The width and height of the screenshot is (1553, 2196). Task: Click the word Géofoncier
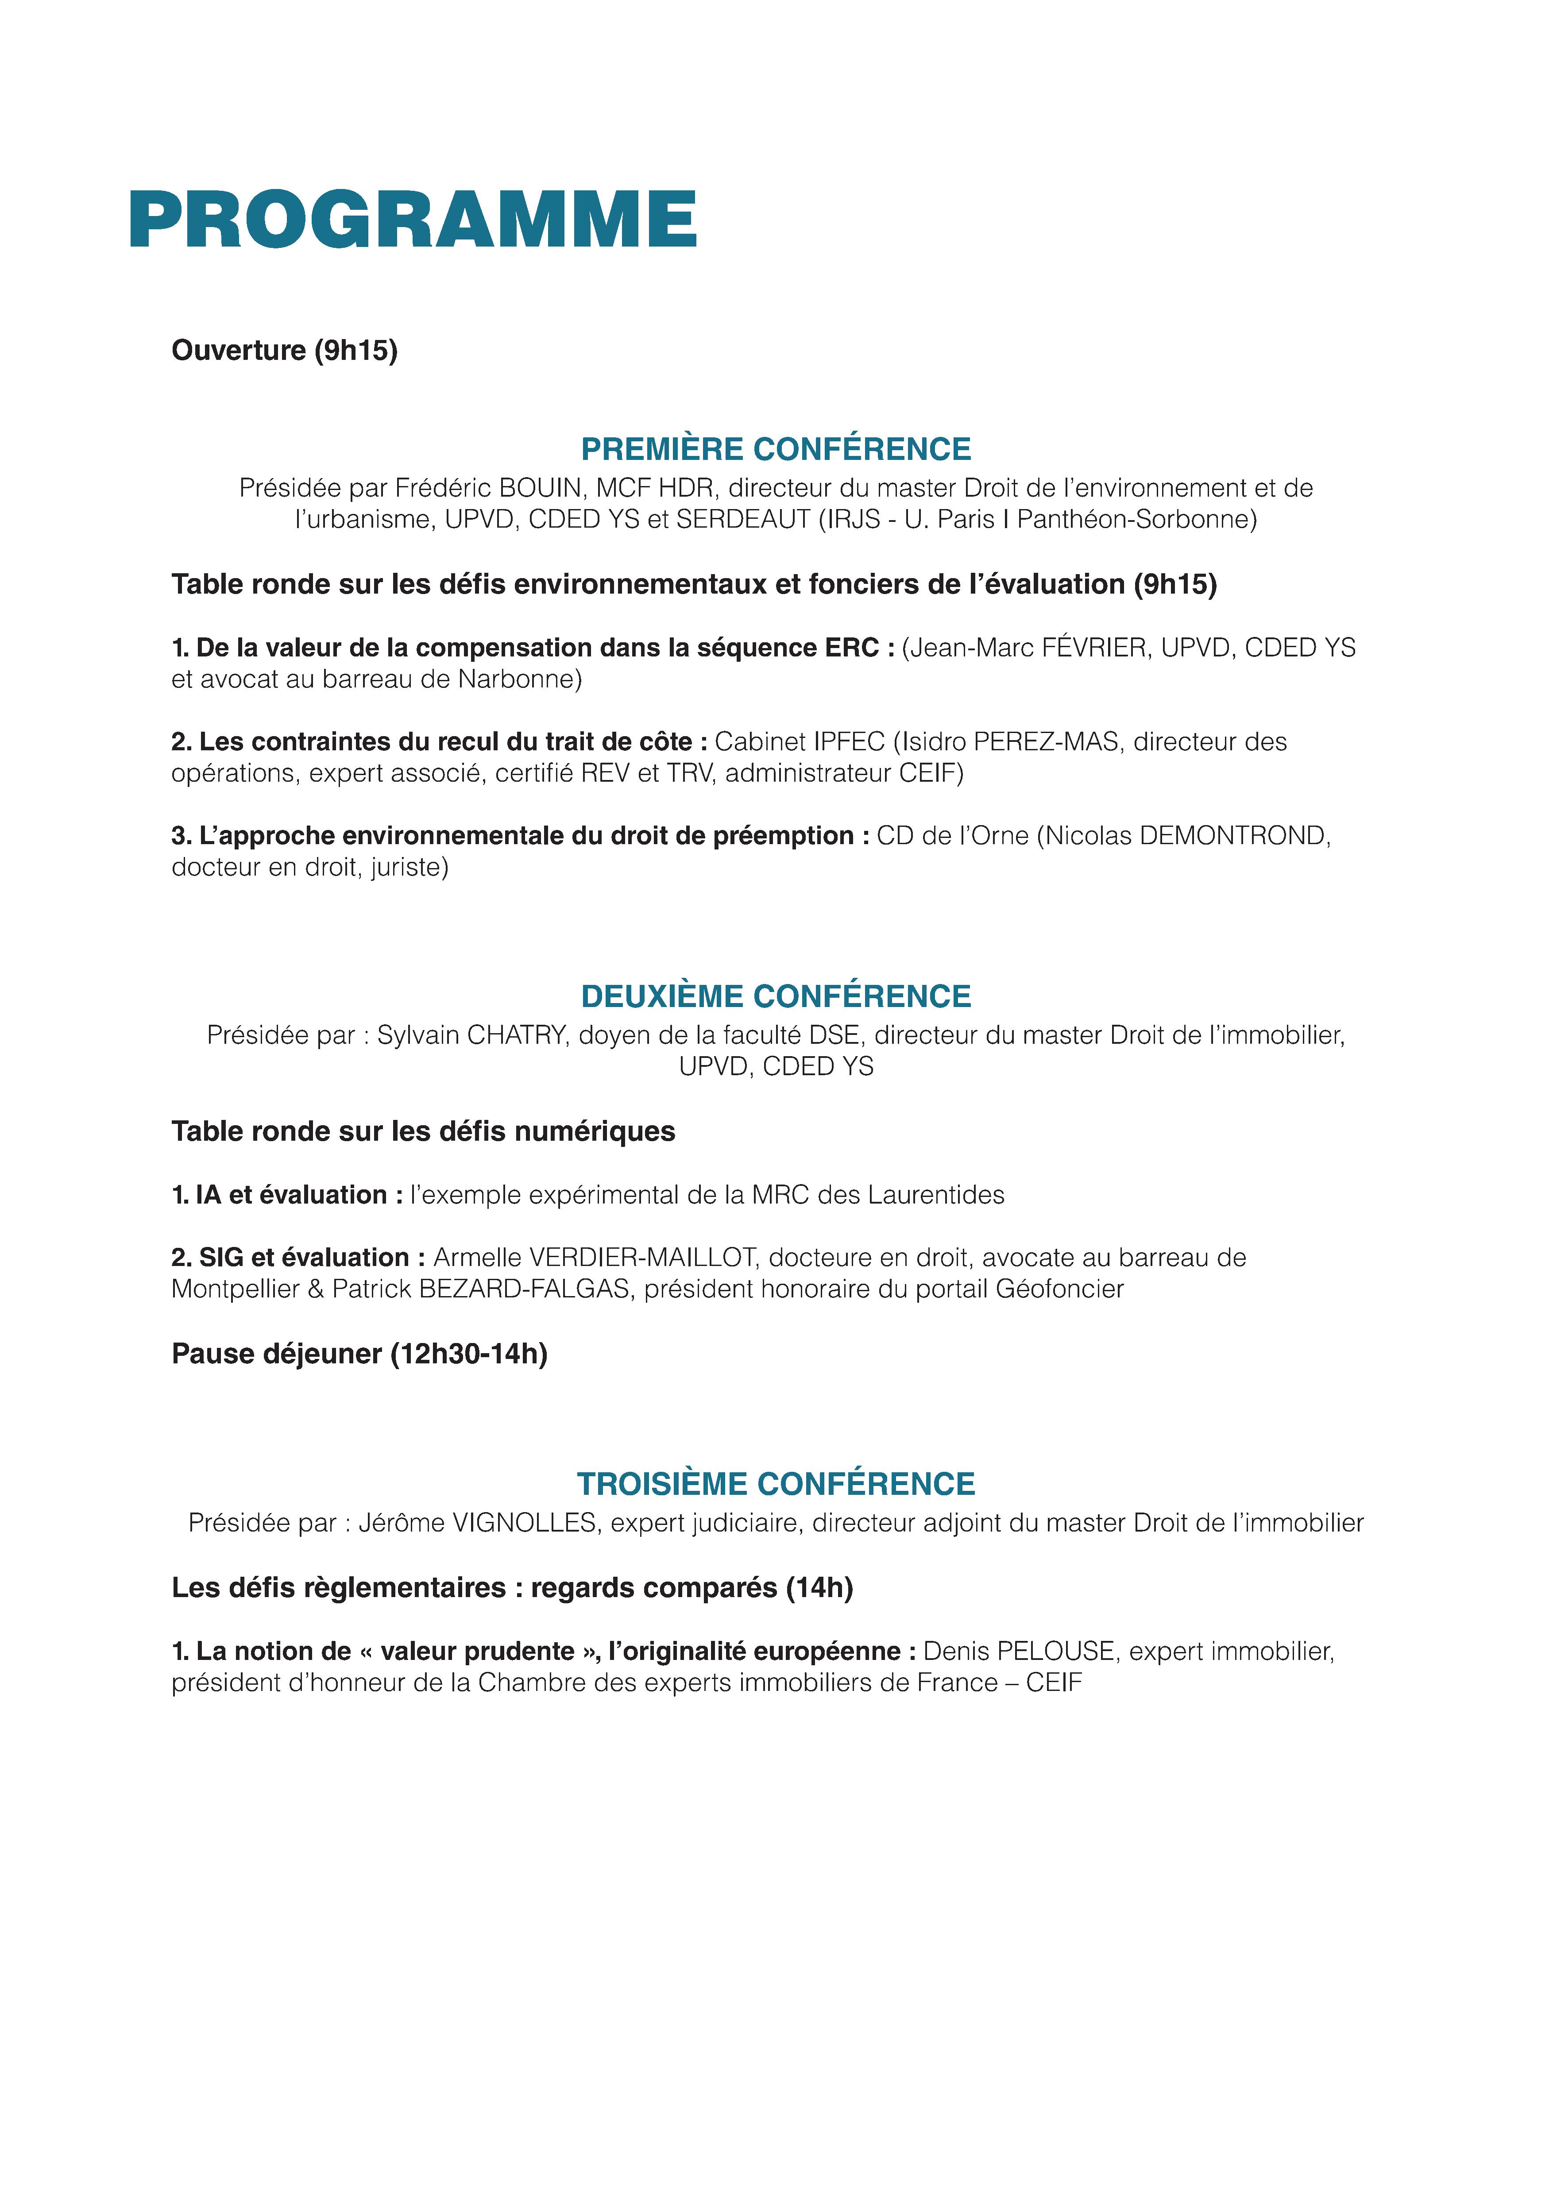coord(1059,1289)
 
